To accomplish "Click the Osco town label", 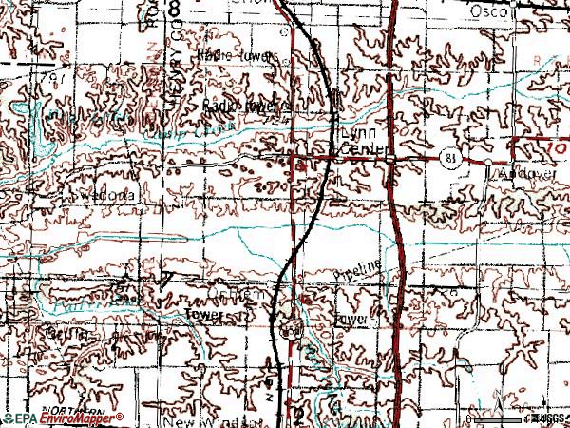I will [x=490, y=10].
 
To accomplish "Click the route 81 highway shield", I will [x=449, y=159].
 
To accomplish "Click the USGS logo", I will [x=546, y=418].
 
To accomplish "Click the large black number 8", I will [x=175, y=9].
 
